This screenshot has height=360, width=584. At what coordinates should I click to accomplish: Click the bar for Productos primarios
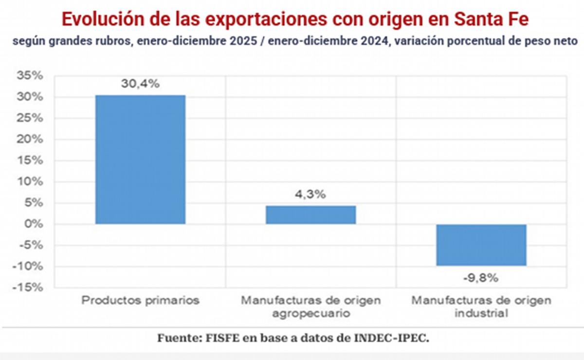click(140, 160)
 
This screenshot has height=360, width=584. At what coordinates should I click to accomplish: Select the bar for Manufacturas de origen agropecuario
click(310, 215)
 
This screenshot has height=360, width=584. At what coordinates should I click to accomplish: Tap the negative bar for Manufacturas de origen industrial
click(481, 245)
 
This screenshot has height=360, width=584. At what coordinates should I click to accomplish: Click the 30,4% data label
click(140, 84)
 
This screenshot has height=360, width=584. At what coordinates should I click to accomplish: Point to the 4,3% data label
click(310, 194)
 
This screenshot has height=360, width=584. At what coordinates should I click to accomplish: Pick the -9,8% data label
click(481, 278)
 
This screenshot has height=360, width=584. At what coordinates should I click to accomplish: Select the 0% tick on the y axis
click(34, 224)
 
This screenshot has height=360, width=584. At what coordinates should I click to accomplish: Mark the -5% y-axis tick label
click(32, 245)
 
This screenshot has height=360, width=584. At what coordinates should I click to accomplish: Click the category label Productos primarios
click(140, 300)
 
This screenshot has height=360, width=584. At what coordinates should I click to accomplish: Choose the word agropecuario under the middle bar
click(310, 313)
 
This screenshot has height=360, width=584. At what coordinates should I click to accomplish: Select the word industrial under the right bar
click(481, 313)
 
